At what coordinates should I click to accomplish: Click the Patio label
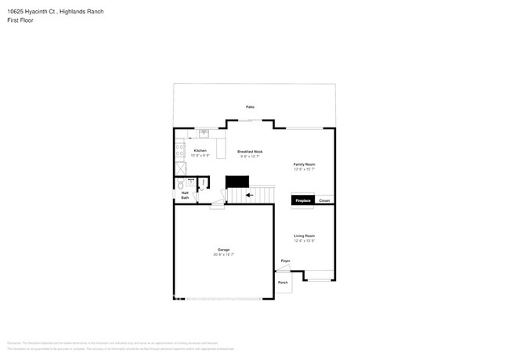pos(251,106)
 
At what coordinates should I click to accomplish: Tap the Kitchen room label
pos(200,150)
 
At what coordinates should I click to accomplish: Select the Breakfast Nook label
pos(250,152)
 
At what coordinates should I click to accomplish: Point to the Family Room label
pos(304,164)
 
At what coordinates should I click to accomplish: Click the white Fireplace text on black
pos(303,201)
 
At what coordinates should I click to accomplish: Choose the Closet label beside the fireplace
pos(324,201)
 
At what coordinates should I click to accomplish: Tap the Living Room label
pos(304,236)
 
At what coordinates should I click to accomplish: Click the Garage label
pos(223,250)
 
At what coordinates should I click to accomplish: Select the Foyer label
pos(285,261)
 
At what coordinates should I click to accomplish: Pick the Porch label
pos(283,283)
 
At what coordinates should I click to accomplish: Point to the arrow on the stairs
pos(249,195)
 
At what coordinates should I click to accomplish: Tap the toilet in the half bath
pos(180,185)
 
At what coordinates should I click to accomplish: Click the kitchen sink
pos(203,133)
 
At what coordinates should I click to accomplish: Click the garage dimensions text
pos(223,254)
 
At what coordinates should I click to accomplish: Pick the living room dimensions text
pos(304,240)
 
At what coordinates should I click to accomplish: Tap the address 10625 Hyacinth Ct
pos(31,12)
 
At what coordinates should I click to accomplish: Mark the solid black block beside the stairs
pos(237,182)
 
